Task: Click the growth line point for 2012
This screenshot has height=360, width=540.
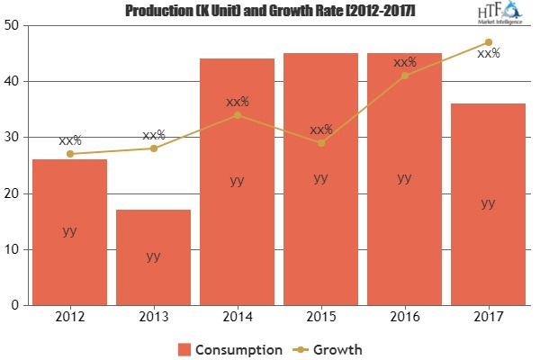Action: [x=69, y=154]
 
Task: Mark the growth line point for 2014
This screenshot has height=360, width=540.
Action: [x=237, y=114]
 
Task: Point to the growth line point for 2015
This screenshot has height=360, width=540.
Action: [x=320, y=142]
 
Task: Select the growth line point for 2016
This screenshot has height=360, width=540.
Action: [x=404, y=76]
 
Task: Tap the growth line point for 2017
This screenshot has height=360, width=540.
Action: [x=488, y=42]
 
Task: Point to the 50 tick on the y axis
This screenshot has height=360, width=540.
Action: [x=16, y=25]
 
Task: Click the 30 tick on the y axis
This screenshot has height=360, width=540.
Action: [x=16, y=137]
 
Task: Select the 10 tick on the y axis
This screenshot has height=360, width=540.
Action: [x=16, y=249]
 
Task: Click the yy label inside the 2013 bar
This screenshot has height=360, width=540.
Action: [x=153, y=256]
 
